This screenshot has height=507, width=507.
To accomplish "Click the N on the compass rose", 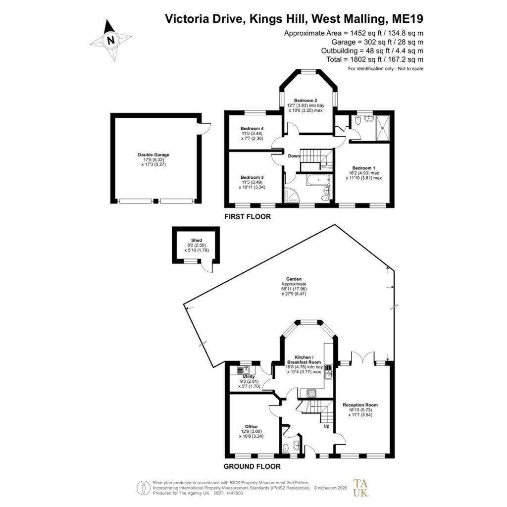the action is [x=111, y=41].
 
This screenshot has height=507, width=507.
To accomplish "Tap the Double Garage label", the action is [x=153, y=155].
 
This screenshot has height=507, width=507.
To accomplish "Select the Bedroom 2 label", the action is [x=305, y=101].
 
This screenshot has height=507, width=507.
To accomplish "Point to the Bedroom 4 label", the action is [x=252, y=129].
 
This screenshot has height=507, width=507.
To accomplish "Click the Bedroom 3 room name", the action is [x=252, y=178].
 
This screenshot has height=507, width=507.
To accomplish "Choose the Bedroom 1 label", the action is [x=364, y=168].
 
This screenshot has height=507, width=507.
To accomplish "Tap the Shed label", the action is [x=197, y=240].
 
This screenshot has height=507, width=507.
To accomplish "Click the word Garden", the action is [x=294, y=279].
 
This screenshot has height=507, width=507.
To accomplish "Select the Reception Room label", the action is [x=360, y=405].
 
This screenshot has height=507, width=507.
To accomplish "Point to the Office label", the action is [x=251, y=427].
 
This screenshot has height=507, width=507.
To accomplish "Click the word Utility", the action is [x=249, y=376].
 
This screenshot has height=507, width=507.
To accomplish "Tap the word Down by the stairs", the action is [x=294, y=156].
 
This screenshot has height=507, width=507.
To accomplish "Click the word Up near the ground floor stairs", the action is [x=327, y=426].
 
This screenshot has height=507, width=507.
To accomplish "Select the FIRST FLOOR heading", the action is [x=248, y=217].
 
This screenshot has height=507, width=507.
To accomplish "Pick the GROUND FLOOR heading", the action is [x=252, y=466].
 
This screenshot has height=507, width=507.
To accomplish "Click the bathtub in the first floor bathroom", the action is [x=318, y=180].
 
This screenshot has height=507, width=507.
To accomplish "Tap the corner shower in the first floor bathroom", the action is [x=292, y=195].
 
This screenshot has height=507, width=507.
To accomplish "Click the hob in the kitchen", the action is [x=312, y=394].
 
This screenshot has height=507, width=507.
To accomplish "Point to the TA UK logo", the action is [x=361, y=488].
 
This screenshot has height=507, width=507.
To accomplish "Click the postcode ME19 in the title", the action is [x=407, y=19].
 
